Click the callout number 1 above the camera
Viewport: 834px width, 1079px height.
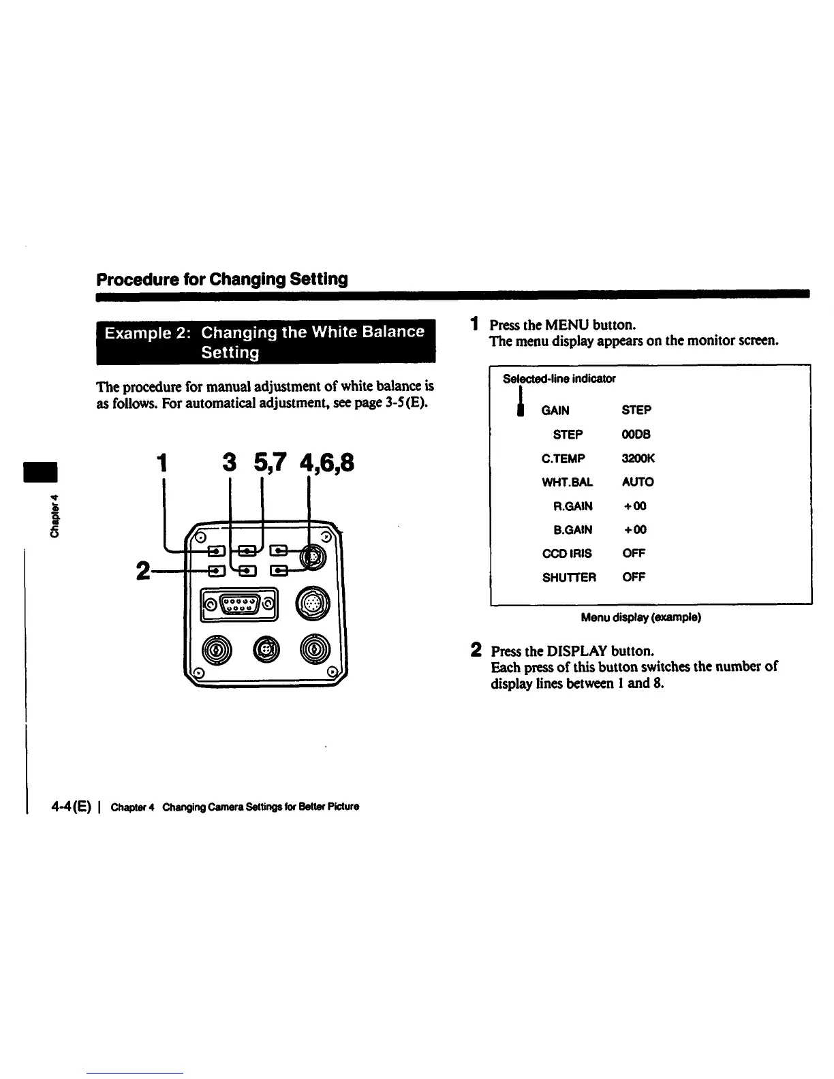(161, 463)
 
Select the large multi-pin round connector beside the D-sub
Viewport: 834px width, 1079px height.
(313, 604)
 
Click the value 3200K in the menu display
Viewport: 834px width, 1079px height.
(638, 458)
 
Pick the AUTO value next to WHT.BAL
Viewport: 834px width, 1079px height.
(638, 482)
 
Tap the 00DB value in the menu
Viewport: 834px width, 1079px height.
(636, 435)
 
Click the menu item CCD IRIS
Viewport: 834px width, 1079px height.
(566, 554)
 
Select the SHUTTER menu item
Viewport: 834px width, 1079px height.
(569, 578)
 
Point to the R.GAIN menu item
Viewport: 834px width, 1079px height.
(573, 506)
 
